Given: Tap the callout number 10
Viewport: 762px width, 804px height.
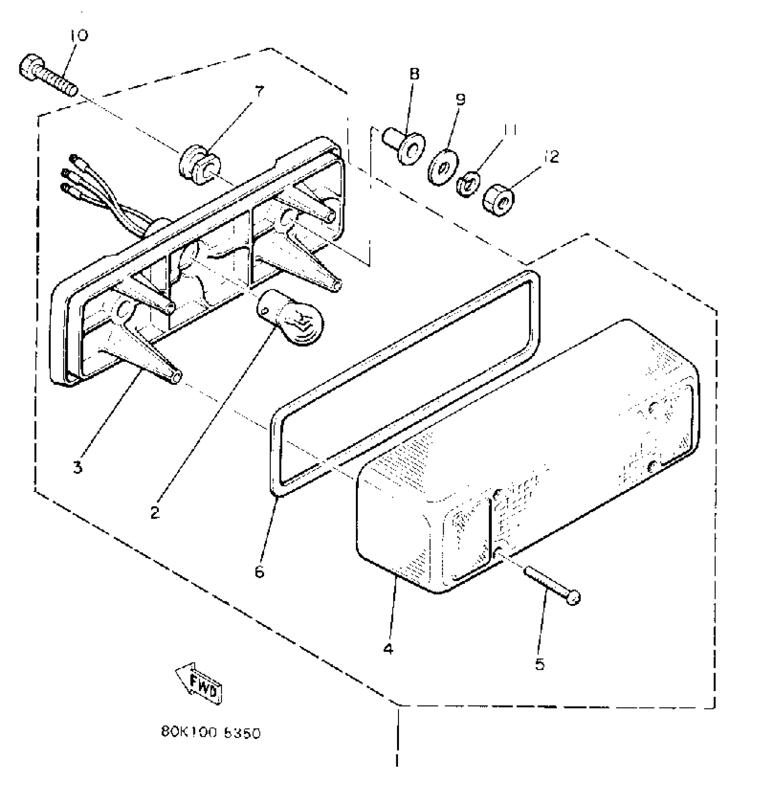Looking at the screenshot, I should (x=79, y=35).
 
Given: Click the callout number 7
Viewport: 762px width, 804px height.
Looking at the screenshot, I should (x=259, y=91).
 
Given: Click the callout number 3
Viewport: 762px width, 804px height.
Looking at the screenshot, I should (x=78, y=468).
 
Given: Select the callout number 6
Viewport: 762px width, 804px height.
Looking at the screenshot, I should (x=260, y=572).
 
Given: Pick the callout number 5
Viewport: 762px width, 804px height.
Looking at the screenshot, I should (x=540, y=664).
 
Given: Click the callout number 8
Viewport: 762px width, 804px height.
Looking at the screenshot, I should (x=414, y=74).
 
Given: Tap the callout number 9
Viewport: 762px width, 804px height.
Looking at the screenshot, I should (x=461, y=99).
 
